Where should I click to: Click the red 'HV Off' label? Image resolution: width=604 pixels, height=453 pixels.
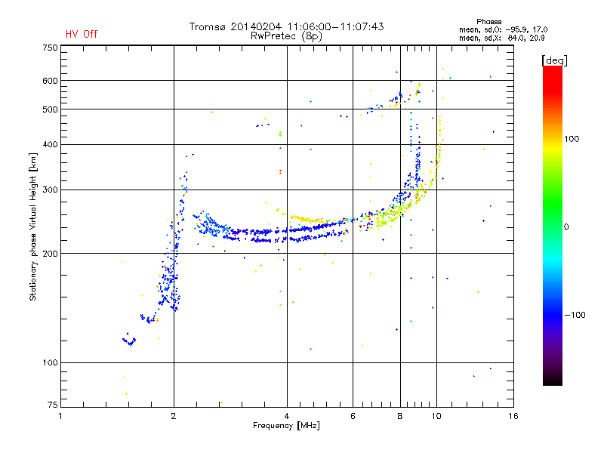pos(82,34)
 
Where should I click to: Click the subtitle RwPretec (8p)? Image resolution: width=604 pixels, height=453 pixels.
pos(286,36)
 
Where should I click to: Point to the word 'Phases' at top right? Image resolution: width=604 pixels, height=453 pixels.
pos(488,22)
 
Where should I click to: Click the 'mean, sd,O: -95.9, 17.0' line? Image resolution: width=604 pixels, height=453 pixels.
pos(503,29)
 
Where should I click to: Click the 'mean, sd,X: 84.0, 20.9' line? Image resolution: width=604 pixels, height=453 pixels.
pos(501,38)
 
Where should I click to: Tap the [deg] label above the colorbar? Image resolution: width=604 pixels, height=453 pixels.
pos(554,60)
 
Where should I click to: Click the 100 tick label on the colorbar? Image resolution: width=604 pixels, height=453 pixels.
pos(572,139)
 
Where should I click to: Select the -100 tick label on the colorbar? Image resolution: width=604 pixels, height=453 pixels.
pos(575,315)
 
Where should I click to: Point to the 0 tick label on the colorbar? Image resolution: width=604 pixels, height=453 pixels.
pos(566,226)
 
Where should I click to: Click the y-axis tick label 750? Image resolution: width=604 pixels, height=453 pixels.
pos(50,48)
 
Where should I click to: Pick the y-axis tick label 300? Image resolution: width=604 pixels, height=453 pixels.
pos(50,190)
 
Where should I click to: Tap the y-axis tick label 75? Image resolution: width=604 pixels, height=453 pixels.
pos(53,405)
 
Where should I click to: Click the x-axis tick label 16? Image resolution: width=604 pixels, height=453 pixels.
pos(513,416)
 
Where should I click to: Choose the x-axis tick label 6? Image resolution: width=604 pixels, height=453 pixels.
pos(353,416)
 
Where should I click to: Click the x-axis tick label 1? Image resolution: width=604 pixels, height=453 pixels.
pos(60,416)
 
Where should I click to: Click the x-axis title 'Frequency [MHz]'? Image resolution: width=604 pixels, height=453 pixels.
pos(287,426)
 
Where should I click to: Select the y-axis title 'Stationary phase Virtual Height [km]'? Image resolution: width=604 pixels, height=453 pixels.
pos(33,226)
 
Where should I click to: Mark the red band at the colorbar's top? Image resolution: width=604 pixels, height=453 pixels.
pos(553,77)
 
